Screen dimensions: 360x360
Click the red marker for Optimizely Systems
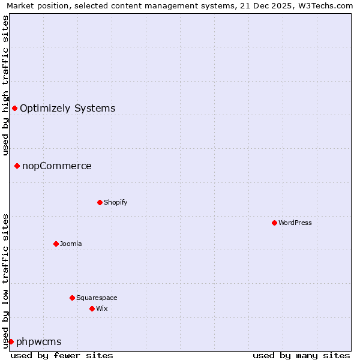14,108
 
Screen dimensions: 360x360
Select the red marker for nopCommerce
17,166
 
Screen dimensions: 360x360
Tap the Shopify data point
100,202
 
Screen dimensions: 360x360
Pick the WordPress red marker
274,223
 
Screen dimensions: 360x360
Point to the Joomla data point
56,244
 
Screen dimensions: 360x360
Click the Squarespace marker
72,298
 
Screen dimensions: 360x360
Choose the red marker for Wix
92,308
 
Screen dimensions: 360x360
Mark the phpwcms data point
11,341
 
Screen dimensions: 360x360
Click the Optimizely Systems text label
67,109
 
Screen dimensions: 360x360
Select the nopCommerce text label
57,166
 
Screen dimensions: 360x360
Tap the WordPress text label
295,223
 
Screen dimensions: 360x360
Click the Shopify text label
116,202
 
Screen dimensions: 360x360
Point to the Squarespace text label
97,298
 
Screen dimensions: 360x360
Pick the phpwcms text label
39,342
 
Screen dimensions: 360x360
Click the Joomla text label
71,244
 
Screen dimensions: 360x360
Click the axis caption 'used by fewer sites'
62,355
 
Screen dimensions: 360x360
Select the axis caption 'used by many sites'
301,355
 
